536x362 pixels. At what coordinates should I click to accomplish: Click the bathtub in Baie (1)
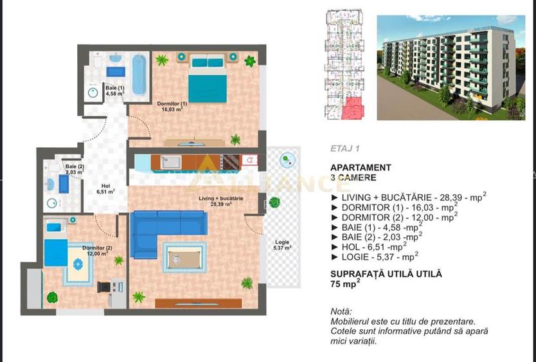pos(139,75)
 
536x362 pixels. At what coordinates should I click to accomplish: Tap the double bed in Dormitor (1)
pos(207,78)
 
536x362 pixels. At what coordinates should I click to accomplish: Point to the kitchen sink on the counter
pos(171,162)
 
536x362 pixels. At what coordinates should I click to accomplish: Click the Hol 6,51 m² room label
pos(105,189)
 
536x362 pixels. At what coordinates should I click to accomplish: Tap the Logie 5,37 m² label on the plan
pos(282,244)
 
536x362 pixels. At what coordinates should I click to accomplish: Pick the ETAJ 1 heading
pos(344,149)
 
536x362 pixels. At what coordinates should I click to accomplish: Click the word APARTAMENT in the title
pos(361,168)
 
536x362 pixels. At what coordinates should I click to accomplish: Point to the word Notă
pos(341,311)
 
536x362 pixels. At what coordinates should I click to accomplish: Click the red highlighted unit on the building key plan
pos(352,108)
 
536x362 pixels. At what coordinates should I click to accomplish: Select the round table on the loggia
pos(287,160)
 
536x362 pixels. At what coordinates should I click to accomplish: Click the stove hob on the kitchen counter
pos(230,162)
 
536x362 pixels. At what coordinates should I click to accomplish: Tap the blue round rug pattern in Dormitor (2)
pos(78,264)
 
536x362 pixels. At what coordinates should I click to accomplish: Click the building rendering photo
pos(451,68)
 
